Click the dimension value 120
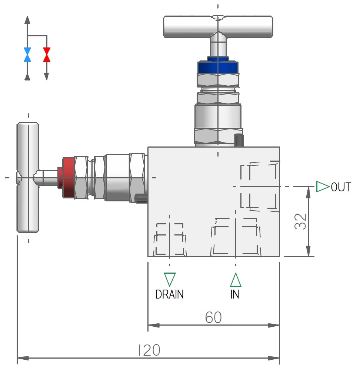coord(149,350)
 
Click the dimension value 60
coord(213,317)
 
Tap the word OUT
coord(341,187)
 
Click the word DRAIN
coord(169,294)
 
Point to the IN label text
coord(235,295)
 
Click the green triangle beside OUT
coord(322,187)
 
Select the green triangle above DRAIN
coord(170,279)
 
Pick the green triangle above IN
coord(236,280)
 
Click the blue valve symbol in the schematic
coord(27,55)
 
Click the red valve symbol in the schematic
coord(46,55)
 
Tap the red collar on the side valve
coord(69,177)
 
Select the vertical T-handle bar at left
coord(28,178)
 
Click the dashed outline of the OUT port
coord(259,187)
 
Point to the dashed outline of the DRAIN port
coord(170,239)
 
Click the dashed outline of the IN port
coord(236,237)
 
